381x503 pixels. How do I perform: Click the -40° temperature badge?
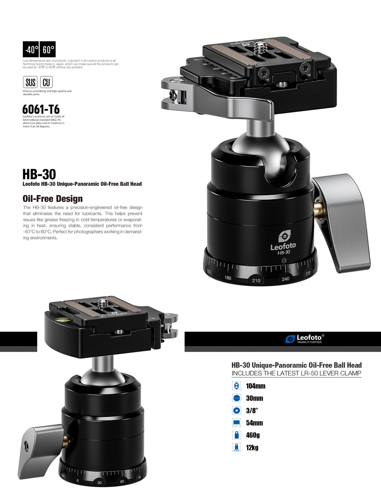click(x=31, y=49)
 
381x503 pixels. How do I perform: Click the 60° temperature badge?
click(x=48, y=49)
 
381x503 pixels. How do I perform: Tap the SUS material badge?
click(x=30, y=82)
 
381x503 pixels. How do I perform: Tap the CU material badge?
click(x=46, y=82)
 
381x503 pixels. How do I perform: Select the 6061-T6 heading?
click(x=41, y=109)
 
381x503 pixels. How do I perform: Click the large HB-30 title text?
click(x=39, y=174)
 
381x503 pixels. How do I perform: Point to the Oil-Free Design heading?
click(x=52, y=199)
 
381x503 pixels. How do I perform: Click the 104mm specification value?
click(x=256, y=386)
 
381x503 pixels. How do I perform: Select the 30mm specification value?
click(x=254, y=398)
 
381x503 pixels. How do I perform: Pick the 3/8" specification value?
click(x=252, y=411)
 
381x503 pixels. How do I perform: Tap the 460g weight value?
click(x=253, y=435)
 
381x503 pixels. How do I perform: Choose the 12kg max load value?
click(x=252, y=448)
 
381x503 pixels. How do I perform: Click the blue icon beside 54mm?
click(x=236, y=423)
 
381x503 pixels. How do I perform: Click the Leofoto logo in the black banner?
click(x=305, y=339)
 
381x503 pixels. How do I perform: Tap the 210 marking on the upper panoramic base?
click(x=256, y=280)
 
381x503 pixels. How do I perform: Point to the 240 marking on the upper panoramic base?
click(x=285, y=279)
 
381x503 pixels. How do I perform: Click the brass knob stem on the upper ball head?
click(x=318, y=209)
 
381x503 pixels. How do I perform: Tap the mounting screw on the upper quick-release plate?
click(x=259, y=48)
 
